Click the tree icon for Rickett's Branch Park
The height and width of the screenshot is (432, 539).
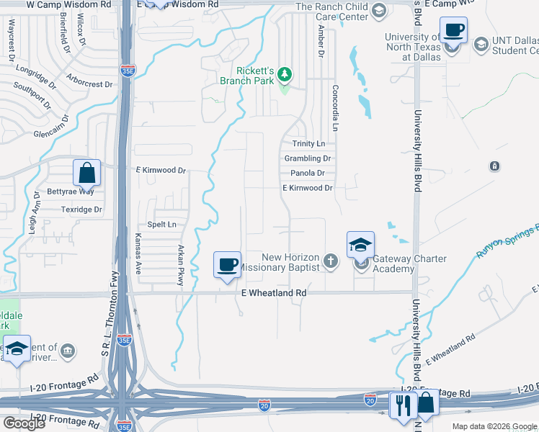pos(285,73)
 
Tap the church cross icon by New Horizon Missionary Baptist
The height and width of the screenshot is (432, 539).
pos(331,261)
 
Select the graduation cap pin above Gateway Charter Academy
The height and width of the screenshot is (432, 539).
pos(360,245)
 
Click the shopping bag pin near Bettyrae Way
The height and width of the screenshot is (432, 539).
pos(86,173)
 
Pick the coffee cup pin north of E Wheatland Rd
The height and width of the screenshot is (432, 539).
pos(227,264)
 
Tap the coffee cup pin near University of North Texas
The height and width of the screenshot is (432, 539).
pos(454,31)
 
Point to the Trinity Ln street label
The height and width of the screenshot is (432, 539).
pos(309,145)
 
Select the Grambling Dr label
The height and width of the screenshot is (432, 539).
pos(308,158)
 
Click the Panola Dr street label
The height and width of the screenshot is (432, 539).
pos(308,174)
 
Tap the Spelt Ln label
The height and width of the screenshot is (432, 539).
pos(162,225)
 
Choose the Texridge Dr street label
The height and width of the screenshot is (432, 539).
pos(83,210)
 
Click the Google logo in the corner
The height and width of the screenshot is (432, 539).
pos(24,423)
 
